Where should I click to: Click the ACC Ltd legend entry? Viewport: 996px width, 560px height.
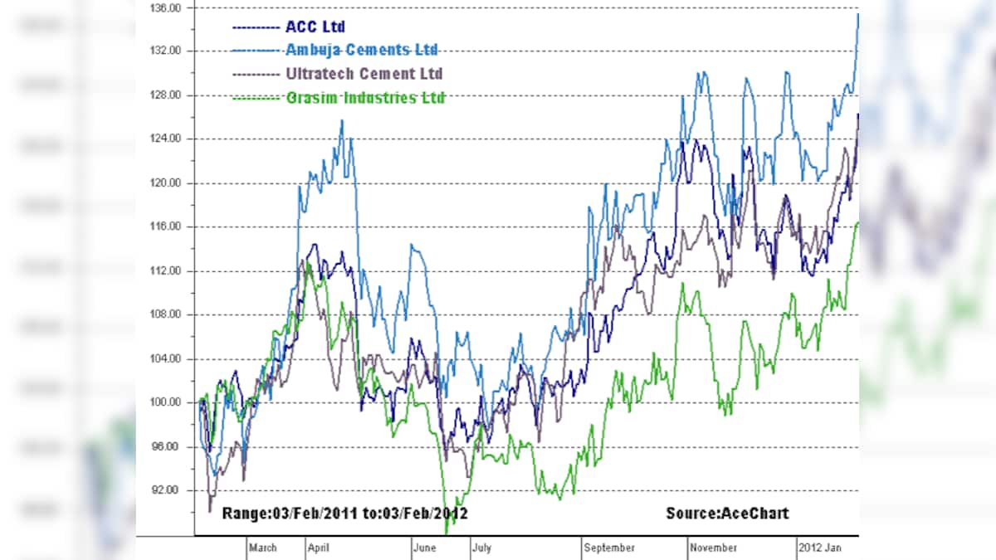(315, 27)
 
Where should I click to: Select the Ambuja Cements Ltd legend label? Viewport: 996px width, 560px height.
(362, 51)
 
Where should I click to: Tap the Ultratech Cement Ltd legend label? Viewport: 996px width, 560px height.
(364, 74)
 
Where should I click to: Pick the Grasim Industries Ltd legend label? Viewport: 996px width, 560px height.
(365, 98)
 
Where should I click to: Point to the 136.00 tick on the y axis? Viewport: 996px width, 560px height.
(164, 7)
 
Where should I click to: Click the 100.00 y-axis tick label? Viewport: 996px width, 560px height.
(164, 403)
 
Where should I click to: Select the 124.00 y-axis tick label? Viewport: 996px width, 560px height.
(164, 139)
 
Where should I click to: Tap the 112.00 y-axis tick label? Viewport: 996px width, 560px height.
(164, 270)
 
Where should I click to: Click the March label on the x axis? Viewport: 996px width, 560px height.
(263, 548)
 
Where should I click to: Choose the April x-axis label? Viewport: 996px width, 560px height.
(319, 548)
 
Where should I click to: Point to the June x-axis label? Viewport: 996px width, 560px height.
(425, 548)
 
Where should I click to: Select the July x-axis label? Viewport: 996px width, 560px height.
(481, 548)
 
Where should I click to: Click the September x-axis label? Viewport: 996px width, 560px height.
(609, 548)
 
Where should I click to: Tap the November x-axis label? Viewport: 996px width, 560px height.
(714, 548)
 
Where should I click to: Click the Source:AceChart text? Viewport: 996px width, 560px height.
(727, 514)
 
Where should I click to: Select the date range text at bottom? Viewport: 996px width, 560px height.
(345, 514)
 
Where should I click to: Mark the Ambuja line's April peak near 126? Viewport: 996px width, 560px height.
(342, 121)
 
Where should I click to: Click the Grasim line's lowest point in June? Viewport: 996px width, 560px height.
(447, 533)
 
